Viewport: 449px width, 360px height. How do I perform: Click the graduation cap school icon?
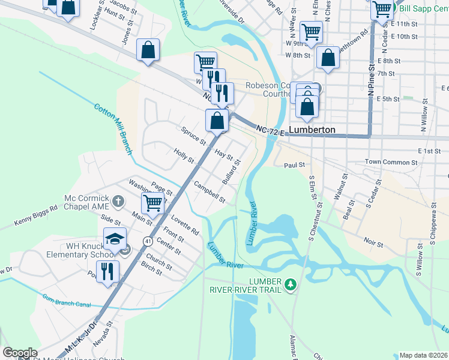[114, 239]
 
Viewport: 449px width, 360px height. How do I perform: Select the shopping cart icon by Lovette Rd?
[153, 204]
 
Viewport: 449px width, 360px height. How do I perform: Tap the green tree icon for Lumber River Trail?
[291, 283]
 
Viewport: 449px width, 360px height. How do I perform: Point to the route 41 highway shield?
[147, 241]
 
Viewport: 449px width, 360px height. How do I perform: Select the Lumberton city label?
[312, 130]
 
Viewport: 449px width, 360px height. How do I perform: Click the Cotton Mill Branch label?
[112, 129]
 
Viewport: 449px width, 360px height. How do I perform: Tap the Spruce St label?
[193, 136]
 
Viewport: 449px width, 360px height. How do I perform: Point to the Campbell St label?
[209, 193]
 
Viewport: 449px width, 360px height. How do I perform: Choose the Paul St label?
[295, 164]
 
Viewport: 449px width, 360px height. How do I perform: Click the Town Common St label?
[391, 163]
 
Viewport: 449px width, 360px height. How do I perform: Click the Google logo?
[20, 353]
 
